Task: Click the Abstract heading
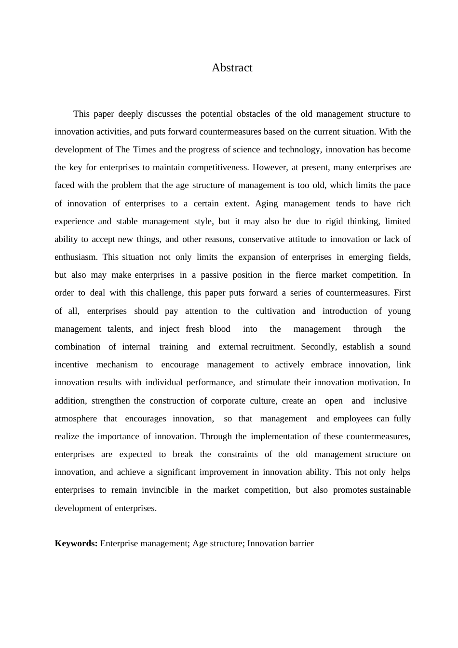(232, 68)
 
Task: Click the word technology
(299, 150)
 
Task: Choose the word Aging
(266, 203)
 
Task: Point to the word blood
(219, 329)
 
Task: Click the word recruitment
(272, 347)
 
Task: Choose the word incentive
(71, 365)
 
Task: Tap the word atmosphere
(76, 419)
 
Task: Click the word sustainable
(390, 490)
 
